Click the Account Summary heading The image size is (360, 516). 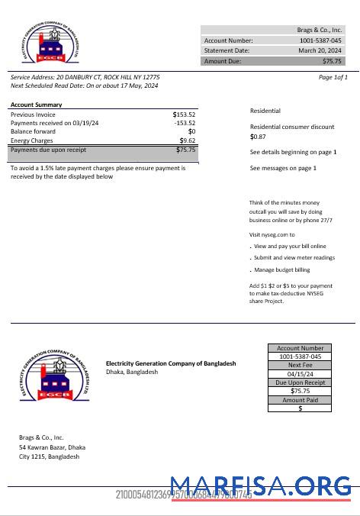(x=37, y=105)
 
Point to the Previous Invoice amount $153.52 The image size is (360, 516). (x=184, y=114)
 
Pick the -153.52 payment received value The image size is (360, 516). (x=185, y=123)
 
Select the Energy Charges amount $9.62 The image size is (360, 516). (x=188, y=140)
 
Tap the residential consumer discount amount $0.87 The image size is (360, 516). (x=258, y=137)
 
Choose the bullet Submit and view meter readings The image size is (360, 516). (x=294, y=258)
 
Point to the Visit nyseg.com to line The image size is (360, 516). (x=272, y=234)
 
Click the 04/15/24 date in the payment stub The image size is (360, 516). (x=300, y=374)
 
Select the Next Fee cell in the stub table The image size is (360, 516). (x=300, y=365)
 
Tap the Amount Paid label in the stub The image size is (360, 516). (x=300, y=400)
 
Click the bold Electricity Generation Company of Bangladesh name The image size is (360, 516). (x=171, y=363)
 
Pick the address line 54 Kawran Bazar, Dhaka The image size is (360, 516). (x=53, y=447)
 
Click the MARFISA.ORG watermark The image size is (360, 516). (x=261, y=485)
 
